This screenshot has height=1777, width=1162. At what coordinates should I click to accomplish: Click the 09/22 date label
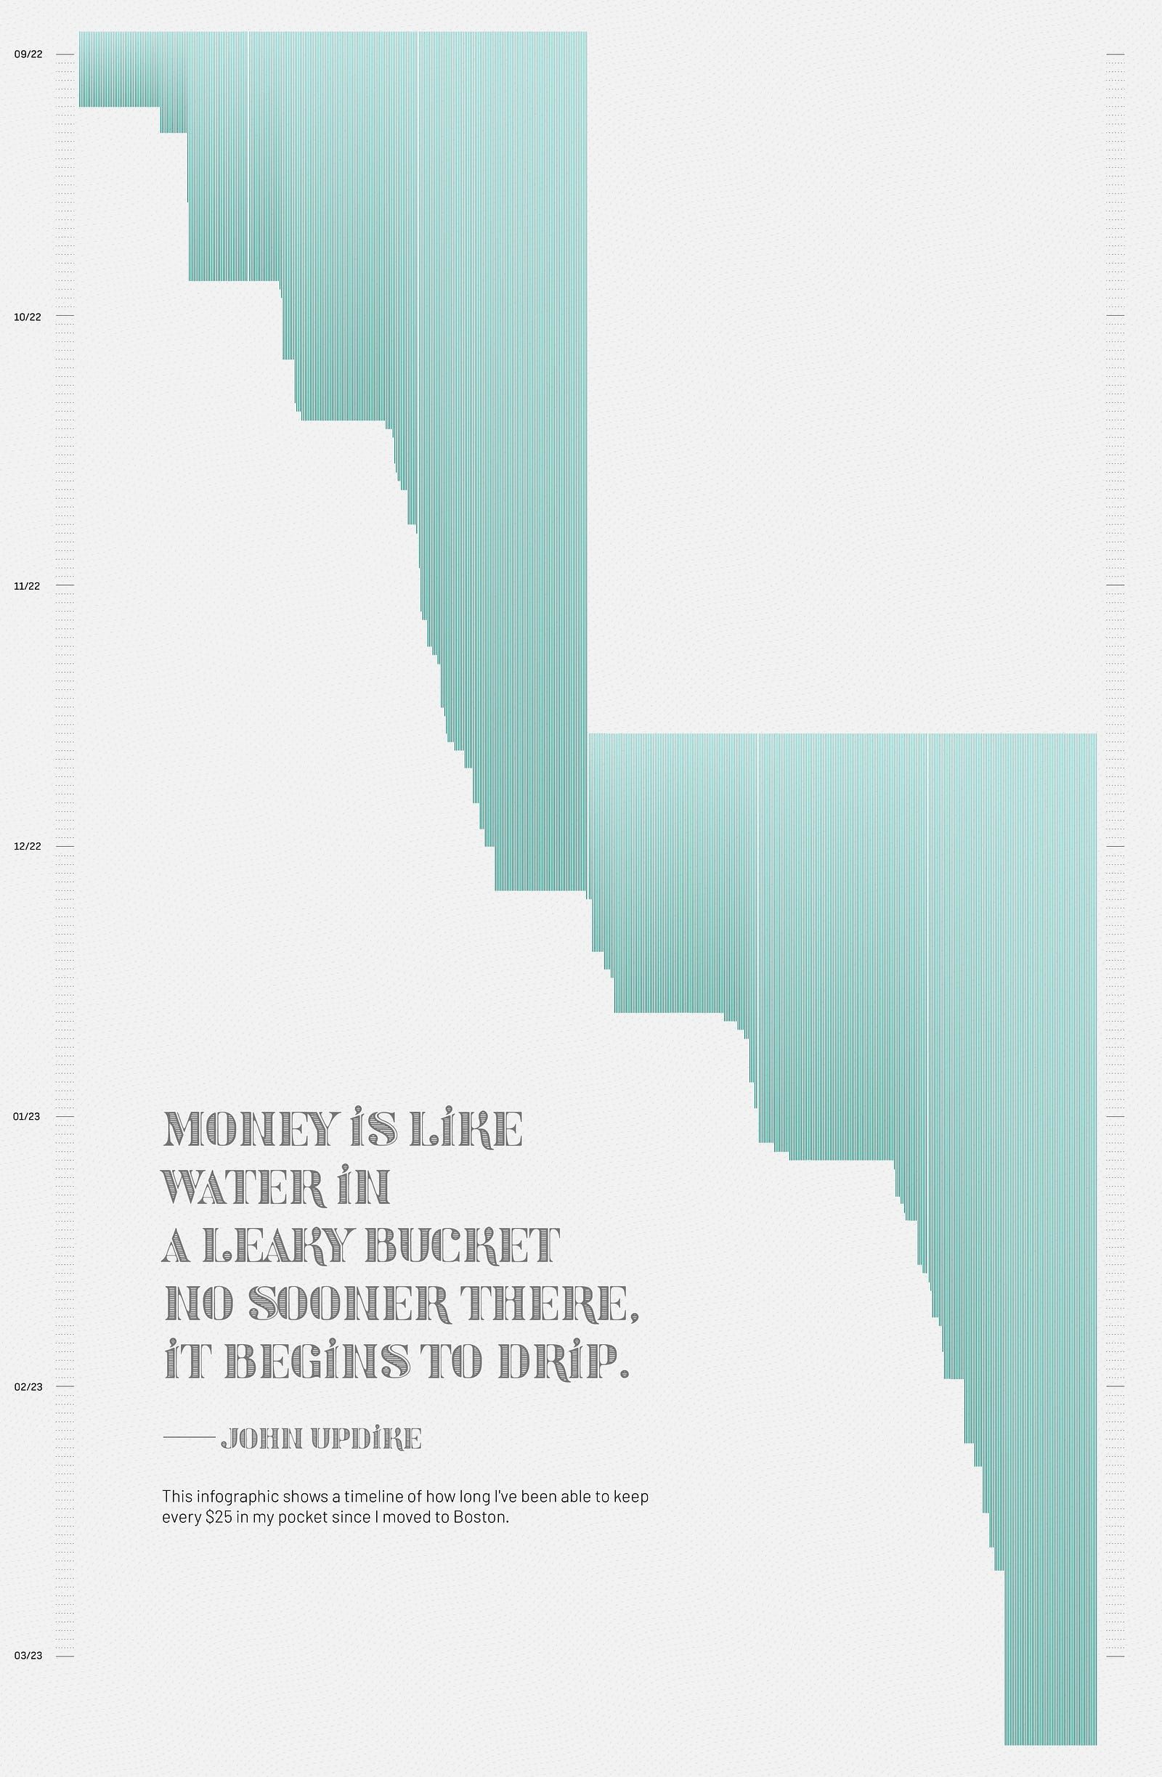(x=28, y=54)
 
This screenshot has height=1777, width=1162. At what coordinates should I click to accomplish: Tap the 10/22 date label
(x=28, y=317)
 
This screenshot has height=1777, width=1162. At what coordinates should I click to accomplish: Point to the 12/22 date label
(x=28, y=846)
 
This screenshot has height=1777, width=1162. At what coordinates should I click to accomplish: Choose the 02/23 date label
(x=28, y=1386)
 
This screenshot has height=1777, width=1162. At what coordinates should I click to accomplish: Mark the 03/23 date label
(x=28, y=1656)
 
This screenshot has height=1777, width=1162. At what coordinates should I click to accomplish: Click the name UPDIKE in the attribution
(x=366, y=1438)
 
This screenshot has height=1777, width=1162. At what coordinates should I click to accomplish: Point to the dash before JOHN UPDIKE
(x=188, y=1437)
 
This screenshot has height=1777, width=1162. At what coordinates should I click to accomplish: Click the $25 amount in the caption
(x=217, y=1518)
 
